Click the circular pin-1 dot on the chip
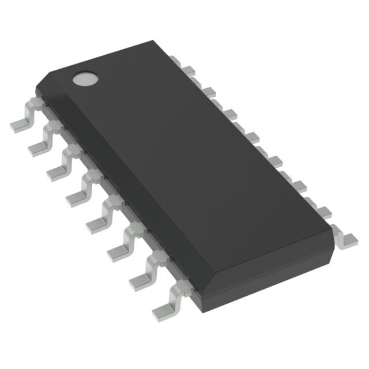click(x=85, y=78)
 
